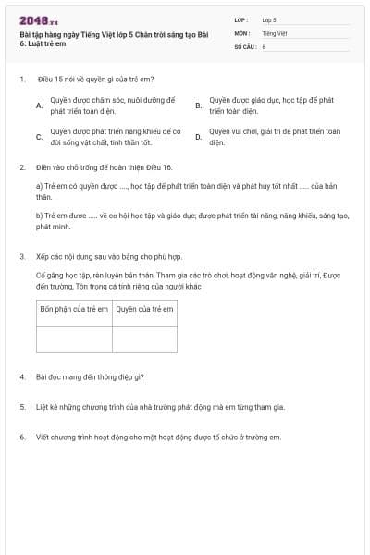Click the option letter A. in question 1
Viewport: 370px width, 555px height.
(39, 105)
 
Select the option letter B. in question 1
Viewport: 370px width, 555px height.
(198, 105)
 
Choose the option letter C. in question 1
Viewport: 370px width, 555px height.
(39, 138)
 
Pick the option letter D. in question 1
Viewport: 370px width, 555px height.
(198, 138)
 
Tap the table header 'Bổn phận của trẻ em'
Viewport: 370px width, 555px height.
(74, 309)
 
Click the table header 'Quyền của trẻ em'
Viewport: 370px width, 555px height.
(145, 309)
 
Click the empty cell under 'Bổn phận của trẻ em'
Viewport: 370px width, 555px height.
(74, 339)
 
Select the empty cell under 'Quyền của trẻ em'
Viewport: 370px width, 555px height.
(145, 339)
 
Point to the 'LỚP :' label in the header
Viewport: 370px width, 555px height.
(241, 18)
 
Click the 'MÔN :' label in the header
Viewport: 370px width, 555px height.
(241, 31)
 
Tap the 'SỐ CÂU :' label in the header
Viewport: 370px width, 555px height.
(245, 44)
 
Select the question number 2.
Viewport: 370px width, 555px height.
(21, 167)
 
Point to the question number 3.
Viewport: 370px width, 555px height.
(21, 255)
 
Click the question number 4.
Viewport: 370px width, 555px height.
(21, 377)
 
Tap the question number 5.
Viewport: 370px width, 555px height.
(21, 407)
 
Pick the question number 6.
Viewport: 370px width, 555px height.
(21, 437)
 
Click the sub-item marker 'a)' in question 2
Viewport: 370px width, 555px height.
(40, 186)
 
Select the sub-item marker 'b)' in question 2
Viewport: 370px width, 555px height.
(40, 216)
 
